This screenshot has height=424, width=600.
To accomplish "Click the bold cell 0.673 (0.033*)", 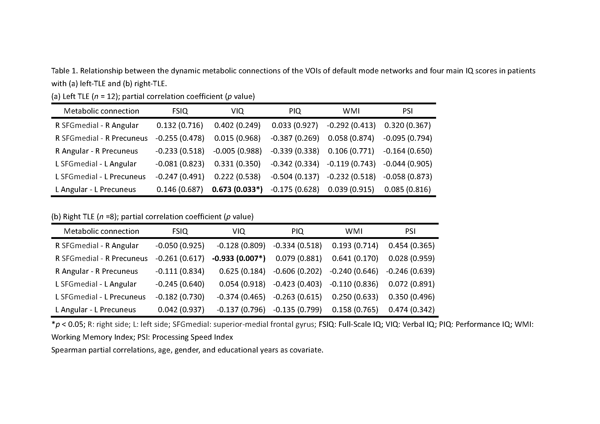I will point(237,189).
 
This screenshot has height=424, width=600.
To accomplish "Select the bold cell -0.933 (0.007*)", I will point(239,258).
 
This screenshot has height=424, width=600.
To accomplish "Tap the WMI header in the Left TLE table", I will point(351,111).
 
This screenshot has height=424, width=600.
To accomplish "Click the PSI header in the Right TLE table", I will point(410,231).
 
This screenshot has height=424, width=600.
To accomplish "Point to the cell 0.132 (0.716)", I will point(180,125).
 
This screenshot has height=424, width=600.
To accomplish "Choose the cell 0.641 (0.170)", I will point(355,258).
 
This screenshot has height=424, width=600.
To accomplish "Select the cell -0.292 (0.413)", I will point(351,125).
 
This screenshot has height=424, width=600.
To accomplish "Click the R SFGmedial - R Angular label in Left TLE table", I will point(97,125).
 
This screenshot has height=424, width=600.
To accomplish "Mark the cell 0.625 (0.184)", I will point(242,271).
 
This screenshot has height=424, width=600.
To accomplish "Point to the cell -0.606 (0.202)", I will point(297,271).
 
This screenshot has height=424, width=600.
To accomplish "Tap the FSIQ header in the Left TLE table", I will point(180,111).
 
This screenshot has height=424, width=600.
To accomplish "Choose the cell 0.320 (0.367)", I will point(407,125).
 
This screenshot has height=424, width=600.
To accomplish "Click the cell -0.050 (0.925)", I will point(180,245).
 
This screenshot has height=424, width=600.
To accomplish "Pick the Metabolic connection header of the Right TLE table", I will point(101,231).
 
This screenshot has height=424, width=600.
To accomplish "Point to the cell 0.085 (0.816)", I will point(407,189).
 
